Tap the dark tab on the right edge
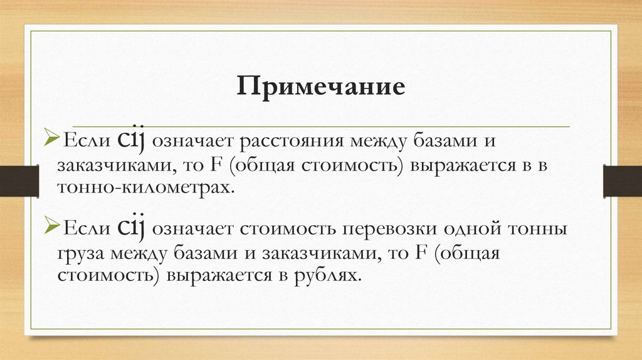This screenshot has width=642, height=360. [622, 181]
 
